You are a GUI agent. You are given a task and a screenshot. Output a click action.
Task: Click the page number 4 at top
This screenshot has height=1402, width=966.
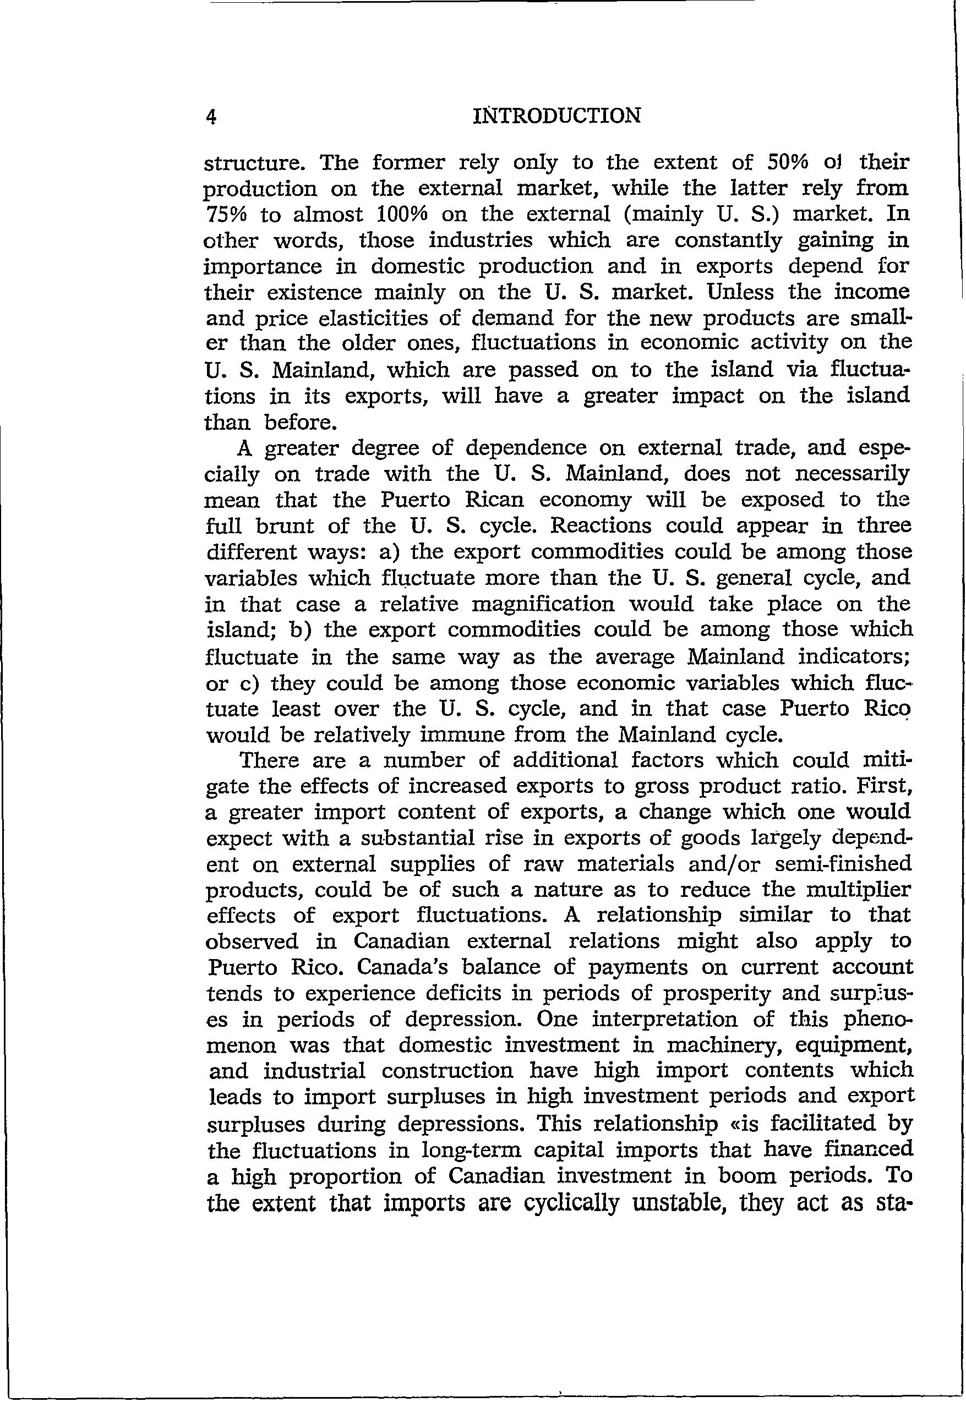pyautogui.click(x=211, y=116)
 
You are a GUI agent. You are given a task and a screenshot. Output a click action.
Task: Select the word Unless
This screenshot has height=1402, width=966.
pyautogui.click(x=742, y=292)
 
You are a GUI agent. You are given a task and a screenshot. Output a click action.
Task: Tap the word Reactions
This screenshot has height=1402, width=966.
pyautogui.click(x=601, y=526)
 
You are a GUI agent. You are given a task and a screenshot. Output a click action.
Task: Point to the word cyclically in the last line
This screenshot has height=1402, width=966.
pyautogui.click(x=572, y=1202)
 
